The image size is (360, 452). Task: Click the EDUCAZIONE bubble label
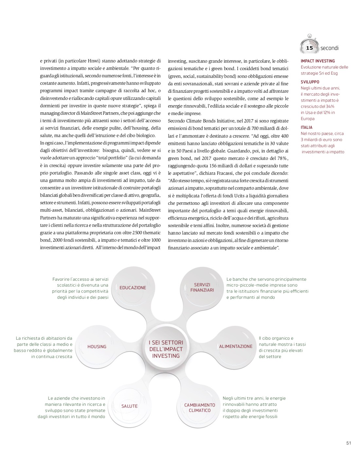(133, 288)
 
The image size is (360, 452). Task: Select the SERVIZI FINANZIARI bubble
(202, 287)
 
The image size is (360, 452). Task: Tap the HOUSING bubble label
(97, 347)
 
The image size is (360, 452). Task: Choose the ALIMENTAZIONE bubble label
(236, 346)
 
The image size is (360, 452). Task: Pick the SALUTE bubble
(129, 406)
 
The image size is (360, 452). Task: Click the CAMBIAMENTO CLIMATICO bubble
(200, 408)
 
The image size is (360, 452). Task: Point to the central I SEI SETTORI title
(166, 349)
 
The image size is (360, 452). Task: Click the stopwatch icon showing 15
(309, 46)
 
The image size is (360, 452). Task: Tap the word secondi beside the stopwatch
(329, 48)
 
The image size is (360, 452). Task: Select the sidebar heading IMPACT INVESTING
(317, 61)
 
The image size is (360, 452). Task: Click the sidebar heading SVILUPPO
(310, 82)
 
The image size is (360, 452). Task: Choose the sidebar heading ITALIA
(307, 127)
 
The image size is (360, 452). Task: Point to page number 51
(348, 443)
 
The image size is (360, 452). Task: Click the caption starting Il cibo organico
(282, 347)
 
